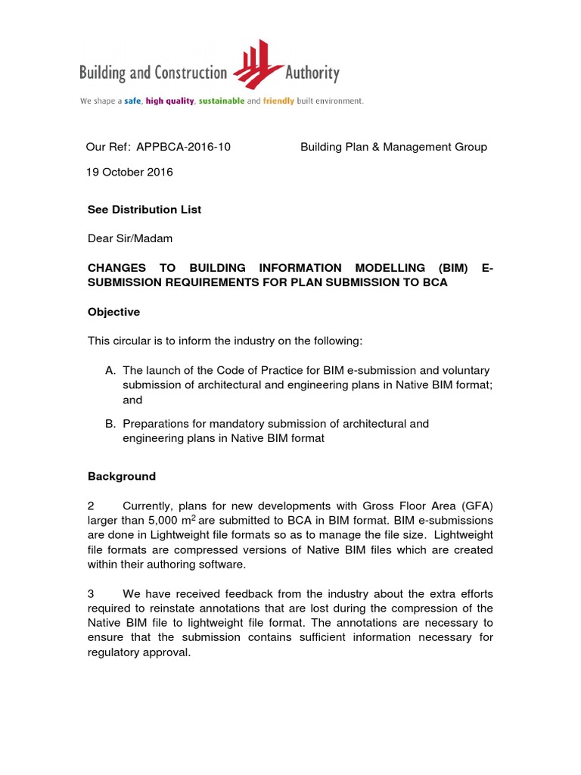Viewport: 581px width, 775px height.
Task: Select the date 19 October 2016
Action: pyautogui.click(x=129, y=172)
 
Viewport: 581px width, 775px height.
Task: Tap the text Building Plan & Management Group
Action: pyautogui.click(x=393, y=147)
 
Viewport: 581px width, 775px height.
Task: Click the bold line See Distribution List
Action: pyautogui.click(x=144, y=210)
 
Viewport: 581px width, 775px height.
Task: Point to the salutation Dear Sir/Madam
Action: pyautogui.click(x=130, y=238)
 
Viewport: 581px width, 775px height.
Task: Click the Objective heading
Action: pyautogui.click(x=113, y=312)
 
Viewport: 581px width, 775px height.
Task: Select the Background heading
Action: pyautogui.click(x=122, y=476)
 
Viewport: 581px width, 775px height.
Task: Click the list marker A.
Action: pyautogui.click(x=110, y=370)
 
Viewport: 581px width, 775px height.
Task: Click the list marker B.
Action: pyautogui.click(x=110, y=424)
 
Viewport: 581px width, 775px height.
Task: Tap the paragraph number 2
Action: pyautogui.click(x=91, y=505)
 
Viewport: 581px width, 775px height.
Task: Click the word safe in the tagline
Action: pyautogui.click(x=132, y=101)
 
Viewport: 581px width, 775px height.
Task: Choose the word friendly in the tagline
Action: pyautogui.click(x=278, y=101)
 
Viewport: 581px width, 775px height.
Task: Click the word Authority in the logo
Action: pyautogui.click(x=312, y=73)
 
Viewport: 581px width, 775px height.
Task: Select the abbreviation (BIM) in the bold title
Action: pyautogui.click(x=452, y=268)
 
